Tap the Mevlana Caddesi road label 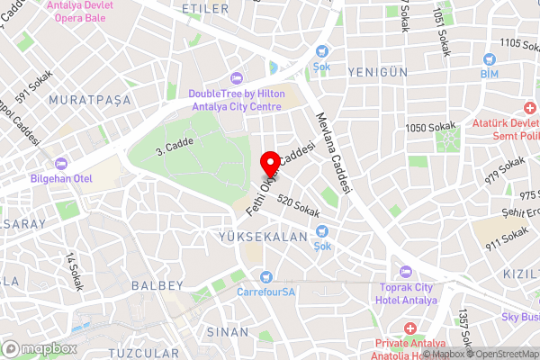[x=332, y=145]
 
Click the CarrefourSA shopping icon [x=265, y=277]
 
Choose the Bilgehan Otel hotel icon [x=61, y=164]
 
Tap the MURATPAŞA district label [x=90, y=99]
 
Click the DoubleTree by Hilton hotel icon [x=237, y=78]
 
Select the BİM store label [x=489, y=72]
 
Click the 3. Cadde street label [x=175, y=144]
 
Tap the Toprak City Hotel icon [x=403, y=273]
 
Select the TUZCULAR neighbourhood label [x=138, y=352]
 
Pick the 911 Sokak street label [x=507, y=238]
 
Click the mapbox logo [x=40, y=348]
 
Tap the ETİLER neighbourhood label [x=200, y=8]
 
